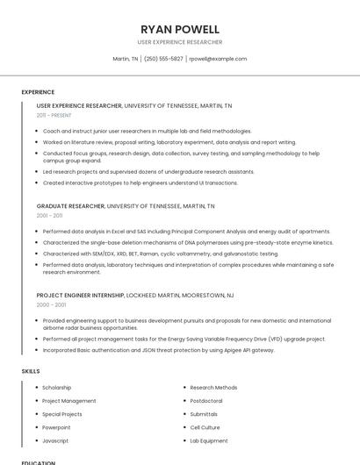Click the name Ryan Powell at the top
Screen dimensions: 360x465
[x=180, y=29]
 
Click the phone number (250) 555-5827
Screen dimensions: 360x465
[x=163, y=59]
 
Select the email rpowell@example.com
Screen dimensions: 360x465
[x=218, y=59]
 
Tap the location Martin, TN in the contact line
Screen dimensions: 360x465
[x=126, y=59]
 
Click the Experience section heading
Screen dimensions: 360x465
[x=38, y=92]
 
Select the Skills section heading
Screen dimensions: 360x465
[x=31, y=371]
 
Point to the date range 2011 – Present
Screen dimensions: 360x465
[x=54, y=115]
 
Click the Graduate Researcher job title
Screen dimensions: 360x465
[x=70, y=206]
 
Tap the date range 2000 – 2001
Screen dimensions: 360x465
[x=51, y=305]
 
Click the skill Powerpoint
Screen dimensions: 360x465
[x=56, y=427]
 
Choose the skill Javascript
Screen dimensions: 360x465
[x=55, y=440]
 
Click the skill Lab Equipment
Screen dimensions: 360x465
[x=209, y=440]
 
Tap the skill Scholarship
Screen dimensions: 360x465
[x=57, y=388]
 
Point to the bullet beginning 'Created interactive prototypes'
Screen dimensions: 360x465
[x=140, y=183]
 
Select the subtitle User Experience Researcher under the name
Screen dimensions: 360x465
[x=180, y=42]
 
